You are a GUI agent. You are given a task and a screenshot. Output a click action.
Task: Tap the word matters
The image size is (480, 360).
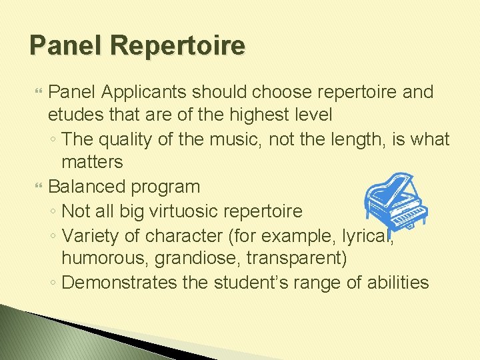click(x=92, y=162)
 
